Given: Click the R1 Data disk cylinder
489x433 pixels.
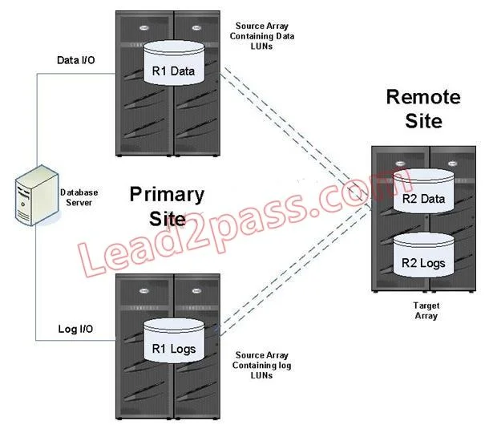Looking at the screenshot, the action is (174, 63).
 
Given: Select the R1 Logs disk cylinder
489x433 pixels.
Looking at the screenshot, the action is (174, 341).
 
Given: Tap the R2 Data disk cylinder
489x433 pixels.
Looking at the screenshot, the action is (423, 191).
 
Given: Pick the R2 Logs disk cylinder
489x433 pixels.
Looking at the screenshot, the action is (423, 255).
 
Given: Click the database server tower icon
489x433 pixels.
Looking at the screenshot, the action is (37, 196).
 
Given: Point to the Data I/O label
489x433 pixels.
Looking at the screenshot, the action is (76, 60).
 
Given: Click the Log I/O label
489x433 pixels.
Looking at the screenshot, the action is (75, 329).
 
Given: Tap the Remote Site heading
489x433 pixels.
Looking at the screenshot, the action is (423, 108).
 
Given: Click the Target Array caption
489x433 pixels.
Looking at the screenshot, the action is (426, 310).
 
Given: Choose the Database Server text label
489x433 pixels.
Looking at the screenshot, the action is (79, 197).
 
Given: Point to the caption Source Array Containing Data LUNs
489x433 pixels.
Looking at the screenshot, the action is (262, 36).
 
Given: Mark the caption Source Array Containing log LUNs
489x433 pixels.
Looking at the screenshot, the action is (262, 365).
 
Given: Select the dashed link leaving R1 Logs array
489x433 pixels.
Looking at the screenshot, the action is (295, 270).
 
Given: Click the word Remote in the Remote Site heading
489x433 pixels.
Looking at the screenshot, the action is (423, 97).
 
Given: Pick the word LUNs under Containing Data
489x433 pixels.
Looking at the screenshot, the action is (261, 47).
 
